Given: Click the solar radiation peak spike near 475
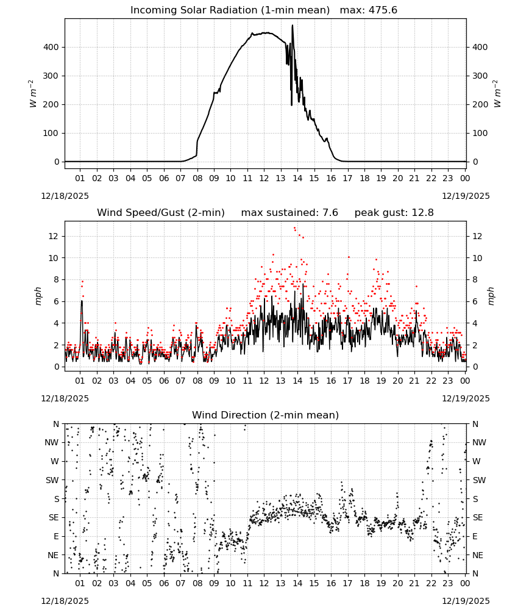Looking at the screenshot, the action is [293, 26].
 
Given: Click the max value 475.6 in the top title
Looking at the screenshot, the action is [383, 10].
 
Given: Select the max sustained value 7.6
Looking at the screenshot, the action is [330, 213].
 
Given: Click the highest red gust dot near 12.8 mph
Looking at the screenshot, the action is [294, 228].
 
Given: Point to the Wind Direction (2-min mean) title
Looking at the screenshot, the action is [266, 415].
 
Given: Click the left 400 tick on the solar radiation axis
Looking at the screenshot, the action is [51, 47].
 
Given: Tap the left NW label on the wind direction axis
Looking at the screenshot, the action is [52, 443].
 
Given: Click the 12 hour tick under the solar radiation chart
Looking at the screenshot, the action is [264, 179].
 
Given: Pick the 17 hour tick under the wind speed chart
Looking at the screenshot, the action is [348, 381].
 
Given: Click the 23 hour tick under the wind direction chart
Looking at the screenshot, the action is [448, 584].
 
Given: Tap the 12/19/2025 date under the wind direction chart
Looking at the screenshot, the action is [466, 601].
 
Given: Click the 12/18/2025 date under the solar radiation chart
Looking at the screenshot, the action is [65, 196].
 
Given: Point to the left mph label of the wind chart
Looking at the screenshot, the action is [38, 296].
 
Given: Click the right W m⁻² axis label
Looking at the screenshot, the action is [497, 93].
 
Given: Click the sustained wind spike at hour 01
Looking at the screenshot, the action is [82, 301].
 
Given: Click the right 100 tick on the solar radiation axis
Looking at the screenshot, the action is [480, 133].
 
